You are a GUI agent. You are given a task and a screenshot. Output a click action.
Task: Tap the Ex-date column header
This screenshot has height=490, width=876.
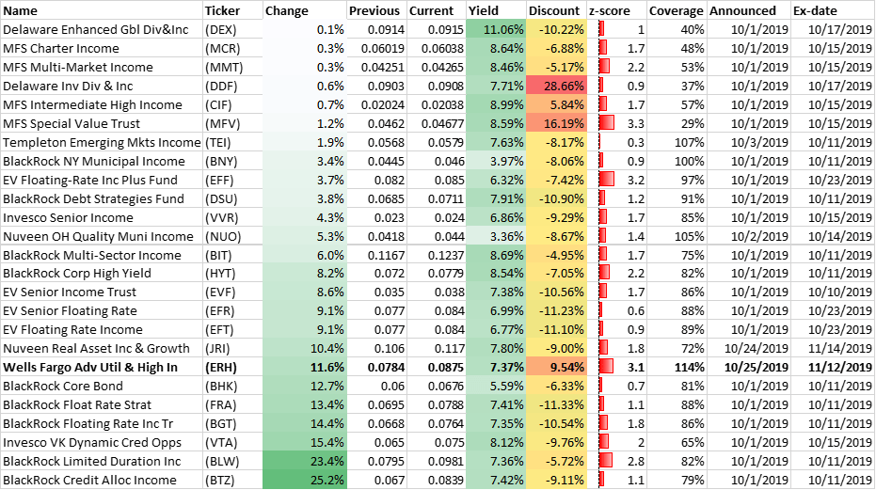point(813,10)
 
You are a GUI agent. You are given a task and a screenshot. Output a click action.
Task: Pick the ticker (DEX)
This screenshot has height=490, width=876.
point(221,29)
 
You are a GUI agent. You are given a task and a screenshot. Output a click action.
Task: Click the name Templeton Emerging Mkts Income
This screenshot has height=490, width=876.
point(102,142)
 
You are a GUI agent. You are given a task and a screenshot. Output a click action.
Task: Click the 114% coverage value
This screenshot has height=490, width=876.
point(687,368)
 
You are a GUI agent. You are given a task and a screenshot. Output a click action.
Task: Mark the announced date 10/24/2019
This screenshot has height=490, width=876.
point(757,349)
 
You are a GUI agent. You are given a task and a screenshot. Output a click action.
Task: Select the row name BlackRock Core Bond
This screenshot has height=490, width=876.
point(63,387)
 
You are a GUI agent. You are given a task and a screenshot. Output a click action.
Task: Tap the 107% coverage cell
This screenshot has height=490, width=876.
point(687,142)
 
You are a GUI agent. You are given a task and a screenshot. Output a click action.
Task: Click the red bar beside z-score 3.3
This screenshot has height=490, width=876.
point(608,123)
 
